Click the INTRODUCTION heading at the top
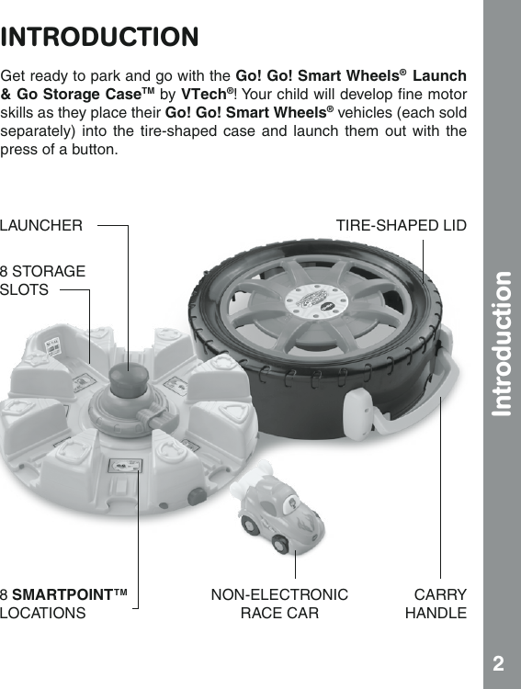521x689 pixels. click(x=100, y=38)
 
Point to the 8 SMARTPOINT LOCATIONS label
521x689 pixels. click(x=64, y=604)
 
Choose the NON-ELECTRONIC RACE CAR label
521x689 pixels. click(x=279, y=604)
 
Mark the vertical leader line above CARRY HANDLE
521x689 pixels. click(x=441, y=487)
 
